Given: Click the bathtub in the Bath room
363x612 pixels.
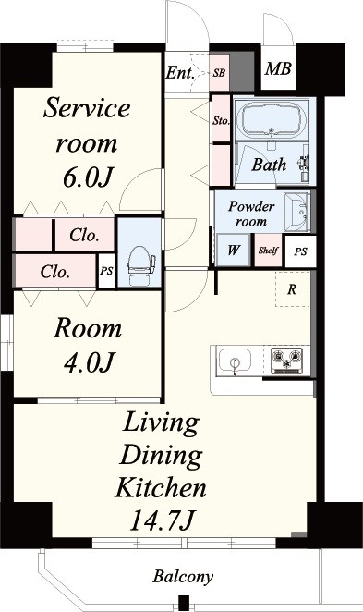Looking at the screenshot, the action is click(272, 118).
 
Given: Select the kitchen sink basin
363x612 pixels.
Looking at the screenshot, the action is click(235, 361).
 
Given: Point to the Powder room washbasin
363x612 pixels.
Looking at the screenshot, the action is click(298, 212).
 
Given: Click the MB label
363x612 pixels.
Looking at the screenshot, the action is click(278, 69).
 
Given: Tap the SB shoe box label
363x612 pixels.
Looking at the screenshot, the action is click(219, 73).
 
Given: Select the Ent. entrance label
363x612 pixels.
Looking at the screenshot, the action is click(180, 73).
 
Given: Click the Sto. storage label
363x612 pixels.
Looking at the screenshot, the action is click(221, 120).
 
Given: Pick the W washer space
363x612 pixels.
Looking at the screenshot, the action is click(233, 250).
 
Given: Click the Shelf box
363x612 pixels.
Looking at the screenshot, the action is click(268, 251).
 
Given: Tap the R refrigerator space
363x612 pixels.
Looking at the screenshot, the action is click(293, 288).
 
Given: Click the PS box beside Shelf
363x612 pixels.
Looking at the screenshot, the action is click(300, 251).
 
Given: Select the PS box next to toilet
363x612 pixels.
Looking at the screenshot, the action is click(106, 271).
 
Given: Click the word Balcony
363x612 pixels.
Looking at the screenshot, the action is click(183, 577).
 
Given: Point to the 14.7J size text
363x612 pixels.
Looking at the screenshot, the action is click(161, 520).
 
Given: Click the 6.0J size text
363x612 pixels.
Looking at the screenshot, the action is click(88, 177).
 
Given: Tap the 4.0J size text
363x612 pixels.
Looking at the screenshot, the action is click(88, 361).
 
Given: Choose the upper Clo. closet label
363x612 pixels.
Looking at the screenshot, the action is click(84, 235).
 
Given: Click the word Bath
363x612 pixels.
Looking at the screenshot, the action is click(269, 165).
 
